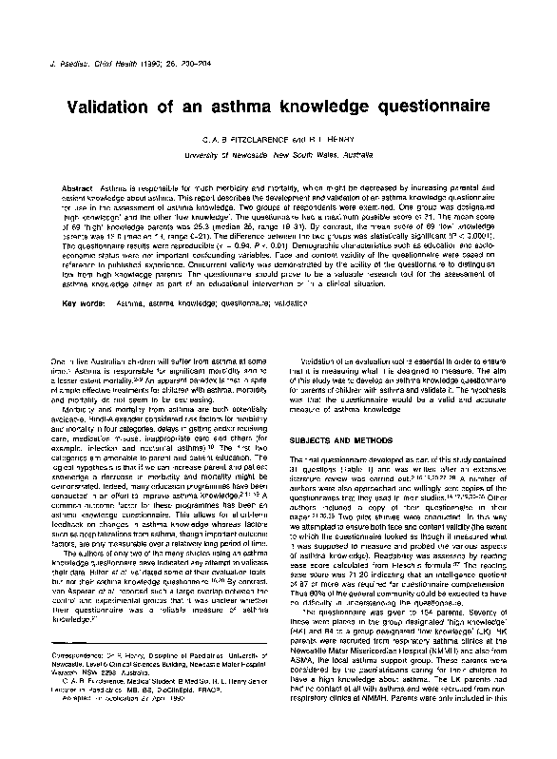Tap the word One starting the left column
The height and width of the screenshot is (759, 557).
coord(60,361)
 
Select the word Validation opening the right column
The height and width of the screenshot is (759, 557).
coord(318,361)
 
